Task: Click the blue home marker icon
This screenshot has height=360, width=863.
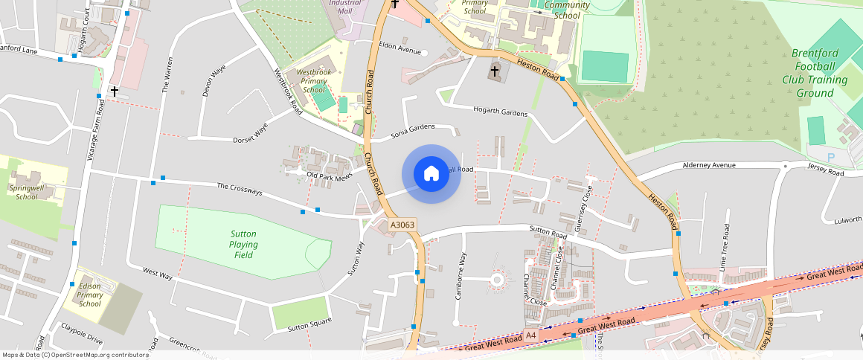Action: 431,174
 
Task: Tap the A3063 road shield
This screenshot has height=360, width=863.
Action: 402,225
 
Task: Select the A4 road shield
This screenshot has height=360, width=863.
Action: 531,336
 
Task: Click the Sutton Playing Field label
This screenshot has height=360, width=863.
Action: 244,244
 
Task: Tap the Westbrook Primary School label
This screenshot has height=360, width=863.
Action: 312,80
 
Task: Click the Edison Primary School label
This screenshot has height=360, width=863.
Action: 89,295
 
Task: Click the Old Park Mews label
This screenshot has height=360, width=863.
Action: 329,176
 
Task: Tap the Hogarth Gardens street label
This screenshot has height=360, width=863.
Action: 501,112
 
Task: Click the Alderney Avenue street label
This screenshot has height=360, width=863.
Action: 709,165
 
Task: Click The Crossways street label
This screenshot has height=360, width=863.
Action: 240,190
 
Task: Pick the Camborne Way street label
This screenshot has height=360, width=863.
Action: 461,276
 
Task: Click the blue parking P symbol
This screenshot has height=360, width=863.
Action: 831,158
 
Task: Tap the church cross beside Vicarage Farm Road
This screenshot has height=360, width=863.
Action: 115,91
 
